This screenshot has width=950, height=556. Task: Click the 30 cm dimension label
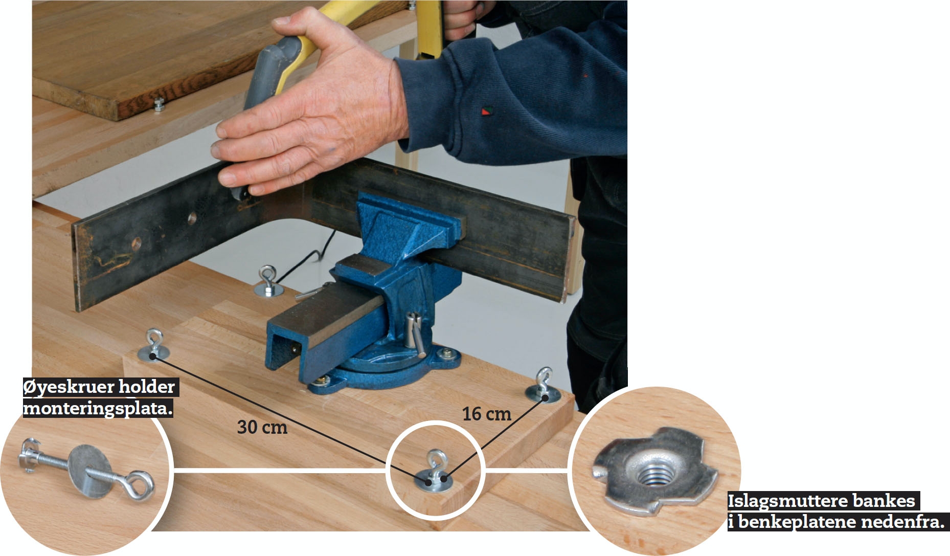(262, 427)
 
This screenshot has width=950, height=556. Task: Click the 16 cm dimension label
(487, 413)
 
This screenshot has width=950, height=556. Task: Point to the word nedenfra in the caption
(902, 522)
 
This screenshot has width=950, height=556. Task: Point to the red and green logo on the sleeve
(485, 110)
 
